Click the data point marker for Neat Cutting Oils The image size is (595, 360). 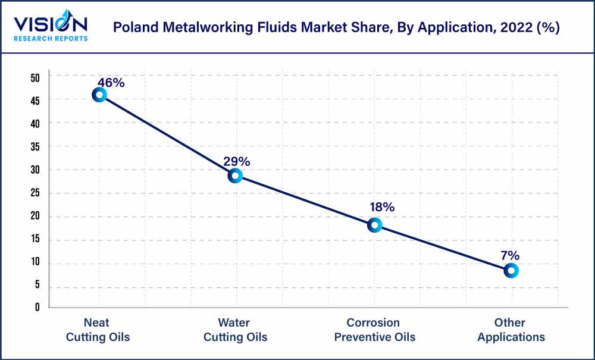(99, 95)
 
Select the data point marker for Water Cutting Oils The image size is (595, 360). (235, 176)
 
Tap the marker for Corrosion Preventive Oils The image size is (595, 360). (374, 225)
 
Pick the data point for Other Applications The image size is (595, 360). (511, 270)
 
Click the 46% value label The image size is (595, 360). (111, 83)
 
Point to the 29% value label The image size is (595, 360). (236, 161)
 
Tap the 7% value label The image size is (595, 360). (510, 255)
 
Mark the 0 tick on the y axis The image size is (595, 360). (37, 308)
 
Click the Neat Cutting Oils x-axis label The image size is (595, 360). (98, 330)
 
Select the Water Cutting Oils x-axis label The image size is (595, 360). (235, 330)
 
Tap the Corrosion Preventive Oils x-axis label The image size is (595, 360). (374, 330)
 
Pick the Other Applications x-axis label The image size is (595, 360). (511, 330)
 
